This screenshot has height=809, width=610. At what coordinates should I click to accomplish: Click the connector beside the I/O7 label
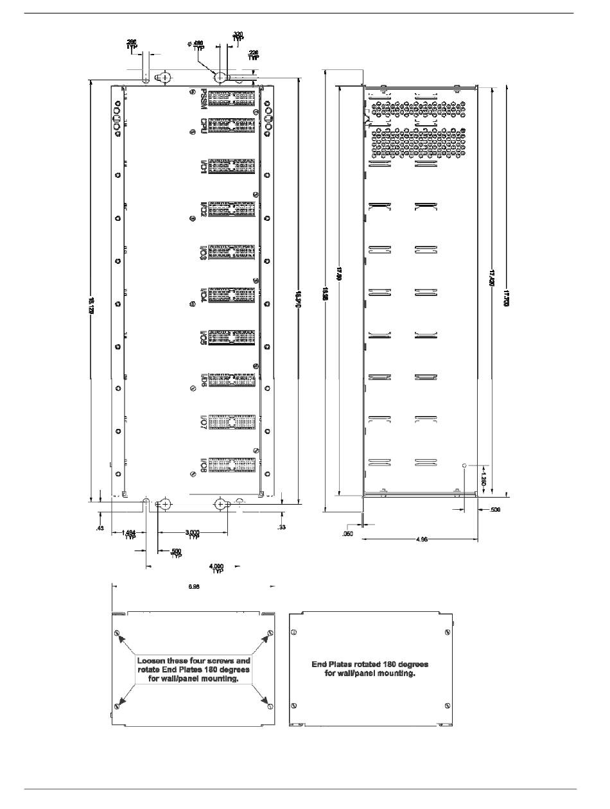pyautogui.click(x=232, y=421)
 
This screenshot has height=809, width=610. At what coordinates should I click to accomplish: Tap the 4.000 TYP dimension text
pyautogui.click(x=218, y=568)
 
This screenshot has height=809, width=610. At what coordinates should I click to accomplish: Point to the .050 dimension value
pyautogui.click(x=348, y=534)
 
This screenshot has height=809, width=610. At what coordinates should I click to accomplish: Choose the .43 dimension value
pyautogui.click(x=100, y=528)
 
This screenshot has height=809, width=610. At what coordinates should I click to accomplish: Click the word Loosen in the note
pyautogui.click(x=153, y=660)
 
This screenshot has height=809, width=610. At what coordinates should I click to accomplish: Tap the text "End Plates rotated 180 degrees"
pyautogui.click(x=370, y=664)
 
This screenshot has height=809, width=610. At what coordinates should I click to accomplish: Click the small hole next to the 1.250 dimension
pyautogui.click(x=464, y=463)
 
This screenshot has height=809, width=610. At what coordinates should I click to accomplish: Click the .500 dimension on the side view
pyautogui.click(x=494, y=510)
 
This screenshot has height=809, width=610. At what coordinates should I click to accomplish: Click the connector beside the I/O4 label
pyautogui.click(x=232, y=296)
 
